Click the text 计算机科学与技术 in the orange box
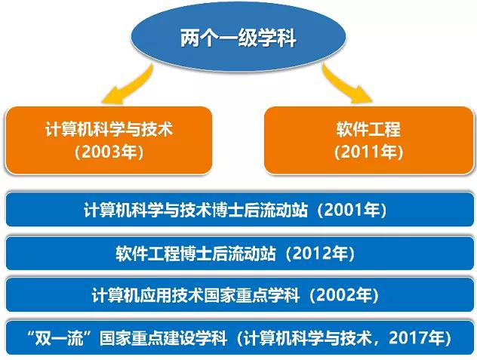109,129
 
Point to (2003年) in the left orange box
109,152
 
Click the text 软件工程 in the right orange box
368,129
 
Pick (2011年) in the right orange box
368,152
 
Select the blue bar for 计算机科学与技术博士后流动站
238,210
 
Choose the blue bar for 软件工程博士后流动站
238,252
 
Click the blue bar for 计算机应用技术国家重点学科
238,294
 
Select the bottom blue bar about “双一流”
238,337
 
